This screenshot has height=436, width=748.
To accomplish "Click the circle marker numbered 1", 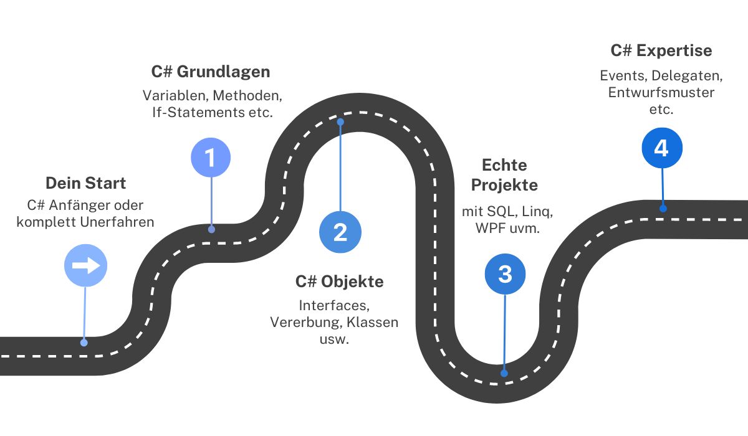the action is coord(211,157).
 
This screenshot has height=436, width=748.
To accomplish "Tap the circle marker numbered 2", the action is coord(340,232).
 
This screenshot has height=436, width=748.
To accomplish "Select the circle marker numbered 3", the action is coord(506,274).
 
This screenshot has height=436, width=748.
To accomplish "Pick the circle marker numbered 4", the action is coord(662,148).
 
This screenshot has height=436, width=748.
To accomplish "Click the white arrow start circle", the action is coord(86,265).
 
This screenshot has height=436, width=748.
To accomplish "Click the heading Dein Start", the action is coord(86,183).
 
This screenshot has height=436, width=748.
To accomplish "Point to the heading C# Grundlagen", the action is coord(211,72).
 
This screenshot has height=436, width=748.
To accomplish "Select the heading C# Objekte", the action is coord(340,282).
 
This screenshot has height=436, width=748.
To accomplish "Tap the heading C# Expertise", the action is coord(661,50).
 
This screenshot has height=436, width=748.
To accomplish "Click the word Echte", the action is coord(504,165).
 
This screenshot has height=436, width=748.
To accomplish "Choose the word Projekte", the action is coord(504,185).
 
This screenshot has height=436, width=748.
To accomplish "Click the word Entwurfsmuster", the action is coord(661,92).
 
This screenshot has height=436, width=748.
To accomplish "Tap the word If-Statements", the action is coord(199,112).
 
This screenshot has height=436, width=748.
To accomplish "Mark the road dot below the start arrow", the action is coord(84,343).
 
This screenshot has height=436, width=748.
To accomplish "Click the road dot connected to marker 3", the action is coord(504,373).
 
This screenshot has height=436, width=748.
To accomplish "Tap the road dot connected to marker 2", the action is coord(340,122).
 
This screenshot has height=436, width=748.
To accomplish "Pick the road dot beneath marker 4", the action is coord(663,209).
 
